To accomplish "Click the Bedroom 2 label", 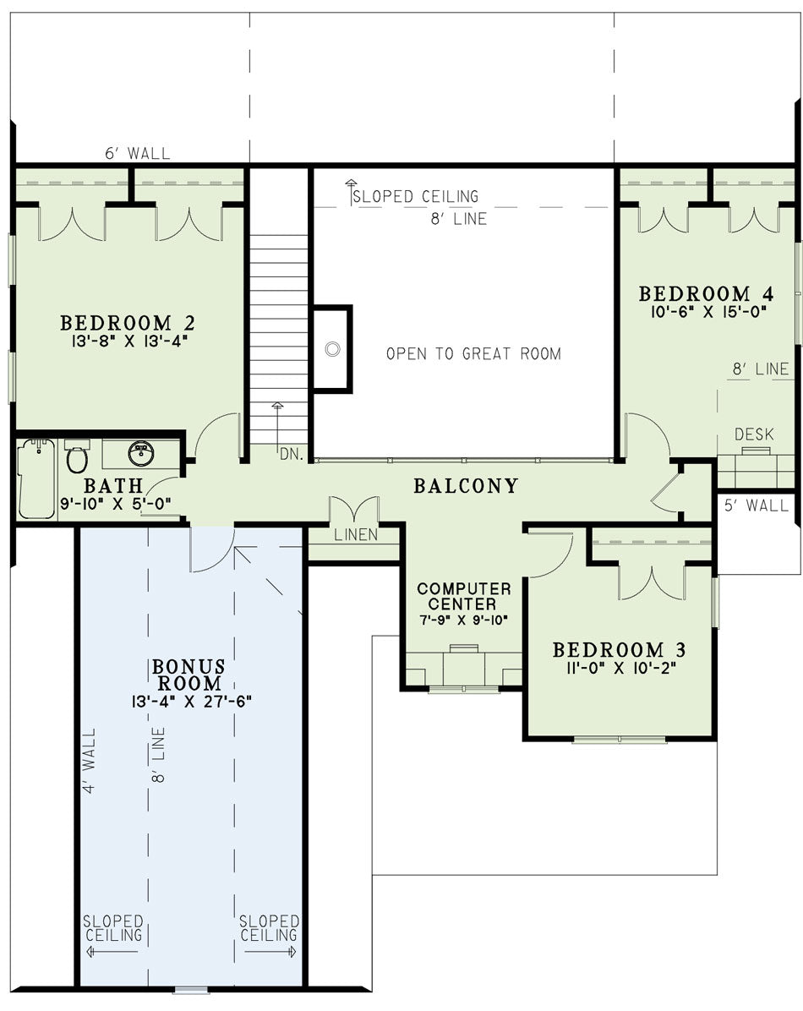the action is (x=127, y=322).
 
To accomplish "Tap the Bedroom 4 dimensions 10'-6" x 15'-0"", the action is (x=708, y=312).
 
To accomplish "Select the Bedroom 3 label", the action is (x=620, y=649).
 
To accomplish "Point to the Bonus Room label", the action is (x=188, y=675).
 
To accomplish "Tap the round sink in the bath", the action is (x=140, y=453).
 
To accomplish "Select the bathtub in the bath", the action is (x=36, y=478).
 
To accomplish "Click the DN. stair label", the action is (x=292, y=454).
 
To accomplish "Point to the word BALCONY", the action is (x=466, y=485).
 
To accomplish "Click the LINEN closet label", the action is (x=356, y=534).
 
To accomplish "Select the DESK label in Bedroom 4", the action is (x=754, y=434).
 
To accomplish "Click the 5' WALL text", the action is (x=757, y=505).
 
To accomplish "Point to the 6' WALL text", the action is (x=138, y=154).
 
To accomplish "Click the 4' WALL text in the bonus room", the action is (x=90, y=761).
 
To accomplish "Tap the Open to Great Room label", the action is (x=473, y=353).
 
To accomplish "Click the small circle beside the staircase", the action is (x=332, y=349).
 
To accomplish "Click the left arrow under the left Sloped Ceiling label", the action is (x=111, y=952).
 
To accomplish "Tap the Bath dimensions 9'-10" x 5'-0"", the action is (x=116, y=504).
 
